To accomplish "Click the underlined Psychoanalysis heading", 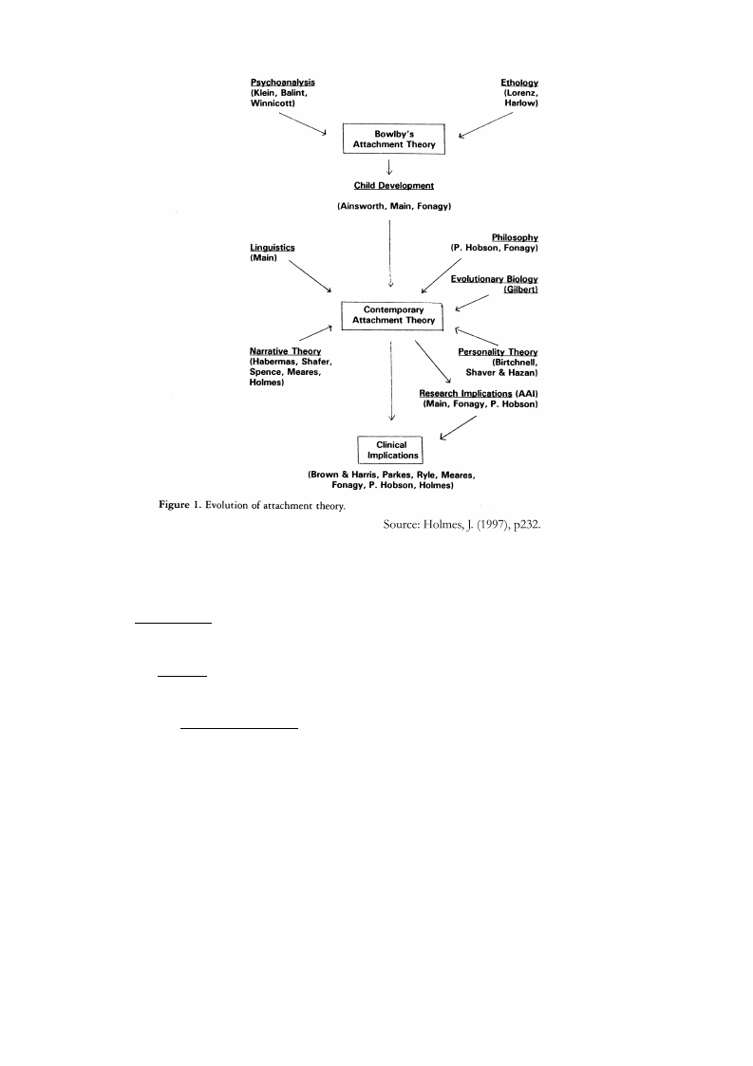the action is (x=282, y=83).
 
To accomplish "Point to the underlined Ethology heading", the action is (x=519, y=83).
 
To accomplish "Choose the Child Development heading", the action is (x=394, y=186).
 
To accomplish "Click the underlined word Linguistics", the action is (x=273, y=248).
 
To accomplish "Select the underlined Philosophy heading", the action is (x=515, y=237).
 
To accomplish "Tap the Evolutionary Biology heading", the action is (x=495, y=279).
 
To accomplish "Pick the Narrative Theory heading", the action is (x=285, y=351).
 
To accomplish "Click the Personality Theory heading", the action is (x=498, y=351).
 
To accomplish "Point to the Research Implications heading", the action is (x=465, y=394).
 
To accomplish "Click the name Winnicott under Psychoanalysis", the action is (x=273, y=103).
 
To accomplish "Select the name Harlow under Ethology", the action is (x=521, y=103).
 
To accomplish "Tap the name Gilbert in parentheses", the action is (x=521, y=290).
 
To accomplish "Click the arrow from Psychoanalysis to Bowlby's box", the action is (x=303, y=123).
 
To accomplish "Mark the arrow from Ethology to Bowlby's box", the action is (x=485, y=125).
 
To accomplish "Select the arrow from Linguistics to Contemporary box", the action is (x=311, y=276).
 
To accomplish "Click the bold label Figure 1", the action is (x=179, y=504).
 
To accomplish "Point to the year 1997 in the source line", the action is (x=490, y=524).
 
